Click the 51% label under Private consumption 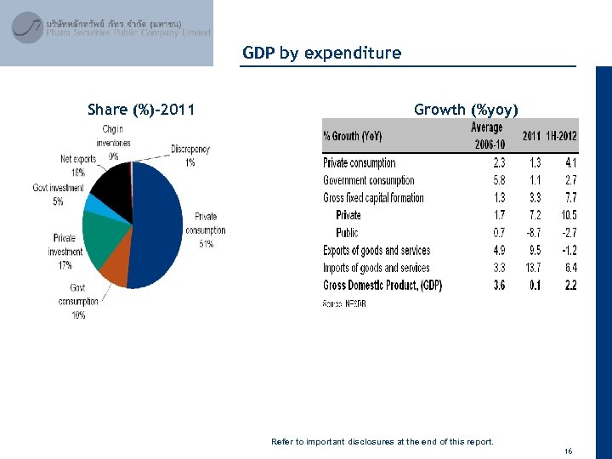[x=206, y=245]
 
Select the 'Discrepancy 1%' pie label [x=190, y=155]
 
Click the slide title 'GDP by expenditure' [x=321, y=53]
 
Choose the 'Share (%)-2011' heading [x=141, y=109]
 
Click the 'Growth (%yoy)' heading [x=465, y=109]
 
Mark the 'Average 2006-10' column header [x=488, y=136]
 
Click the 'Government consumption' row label [x=368, y=180]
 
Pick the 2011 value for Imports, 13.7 [x=531, y=268]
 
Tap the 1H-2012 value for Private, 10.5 [x=568, y=215]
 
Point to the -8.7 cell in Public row [x=531, y=233]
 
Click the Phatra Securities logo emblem [x=27, y=27]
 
